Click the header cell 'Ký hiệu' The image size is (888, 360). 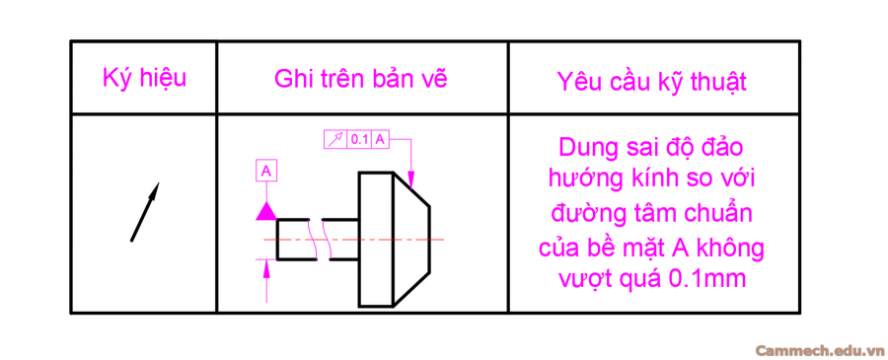coord(143,78)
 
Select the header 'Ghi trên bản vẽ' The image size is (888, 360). coord(361,79)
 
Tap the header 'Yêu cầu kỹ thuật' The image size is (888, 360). coord(651,81)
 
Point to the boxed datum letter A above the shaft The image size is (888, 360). coord(265,172)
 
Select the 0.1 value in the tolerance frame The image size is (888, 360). coord(359,140)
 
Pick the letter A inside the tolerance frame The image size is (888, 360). coord(379,140)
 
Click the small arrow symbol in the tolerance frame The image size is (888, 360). coord(335,140)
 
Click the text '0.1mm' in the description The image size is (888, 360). coord(705,278)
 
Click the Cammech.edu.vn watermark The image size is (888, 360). coord(819,349)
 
